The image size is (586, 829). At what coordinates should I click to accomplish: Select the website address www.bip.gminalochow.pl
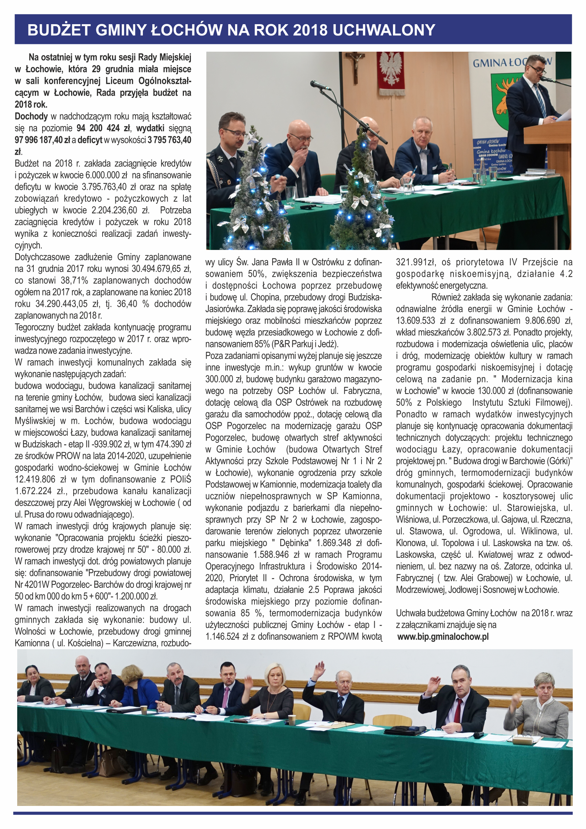[x=443, y=637]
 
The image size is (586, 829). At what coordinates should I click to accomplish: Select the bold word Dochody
[x=31, y=117]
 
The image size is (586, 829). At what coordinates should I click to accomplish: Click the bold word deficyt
[x=90, y=140]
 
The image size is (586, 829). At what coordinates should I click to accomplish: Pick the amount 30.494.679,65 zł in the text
[x=161, y=269]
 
